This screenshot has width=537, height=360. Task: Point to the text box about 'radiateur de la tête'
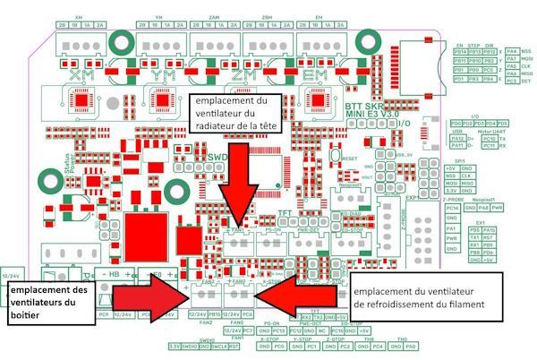pyautogui.click(x=235, y=115)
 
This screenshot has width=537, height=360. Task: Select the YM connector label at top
pyautogui.click(x=158, y=18)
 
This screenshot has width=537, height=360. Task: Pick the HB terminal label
pyautogui.click(x=114, y=273)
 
